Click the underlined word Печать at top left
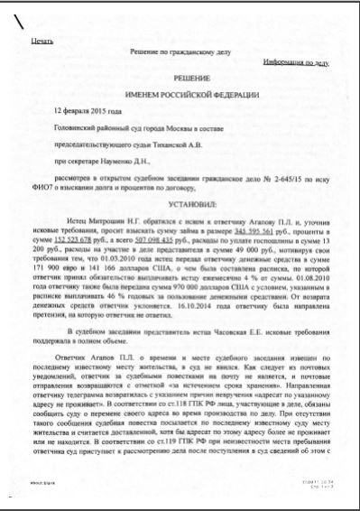click(x=42, y=42)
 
